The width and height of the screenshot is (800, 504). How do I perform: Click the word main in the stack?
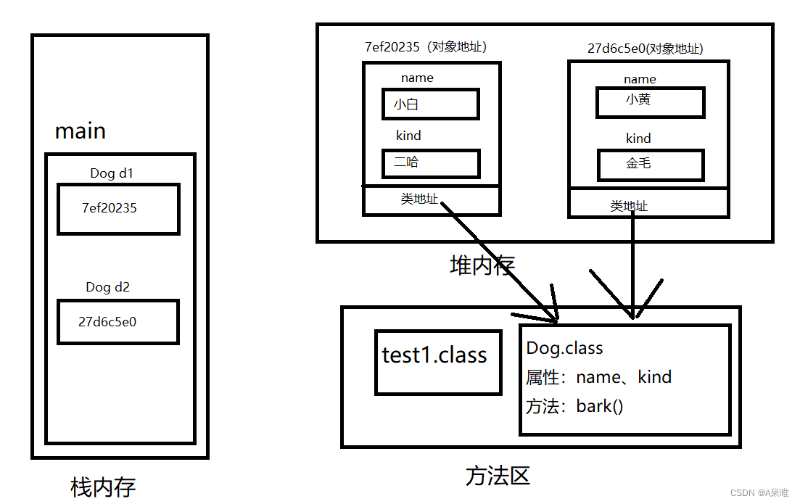point(81,131)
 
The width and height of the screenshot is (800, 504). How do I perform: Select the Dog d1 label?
point(112,173)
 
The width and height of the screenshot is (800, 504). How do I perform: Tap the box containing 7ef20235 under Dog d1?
point(118,209)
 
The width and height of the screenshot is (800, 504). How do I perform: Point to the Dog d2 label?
point(107,287)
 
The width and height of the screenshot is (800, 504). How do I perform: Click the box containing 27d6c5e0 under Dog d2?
point(117,322)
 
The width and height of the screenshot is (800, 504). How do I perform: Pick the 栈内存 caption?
point(103,487)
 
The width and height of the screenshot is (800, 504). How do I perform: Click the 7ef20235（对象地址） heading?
point(425,47)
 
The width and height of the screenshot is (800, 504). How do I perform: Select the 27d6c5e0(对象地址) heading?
point(645,49)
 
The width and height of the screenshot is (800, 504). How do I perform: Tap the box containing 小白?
point(430,104)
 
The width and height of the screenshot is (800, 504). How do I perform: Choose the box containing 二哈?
point(430,163)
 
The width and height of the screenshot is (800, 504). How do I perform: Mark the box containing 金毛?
point(650,164)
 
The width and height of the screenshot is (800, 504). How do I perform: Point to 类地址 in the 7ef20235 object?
point(419,199)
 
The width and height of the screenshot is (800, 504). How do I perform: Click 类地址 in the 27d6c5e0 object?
point(629,206)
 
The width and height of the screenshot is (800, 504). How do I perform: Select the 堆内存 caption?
point(482,265)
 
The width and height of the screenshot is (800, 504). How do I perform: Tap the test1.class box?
point(437,362)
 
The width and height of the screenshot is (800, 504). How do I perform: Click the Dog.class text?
point(565,348)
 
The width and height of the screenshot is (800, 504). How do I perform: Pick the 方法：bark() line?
point(574,406)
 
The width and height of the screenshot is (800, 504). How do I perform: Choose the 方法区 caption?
point(498,476)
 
